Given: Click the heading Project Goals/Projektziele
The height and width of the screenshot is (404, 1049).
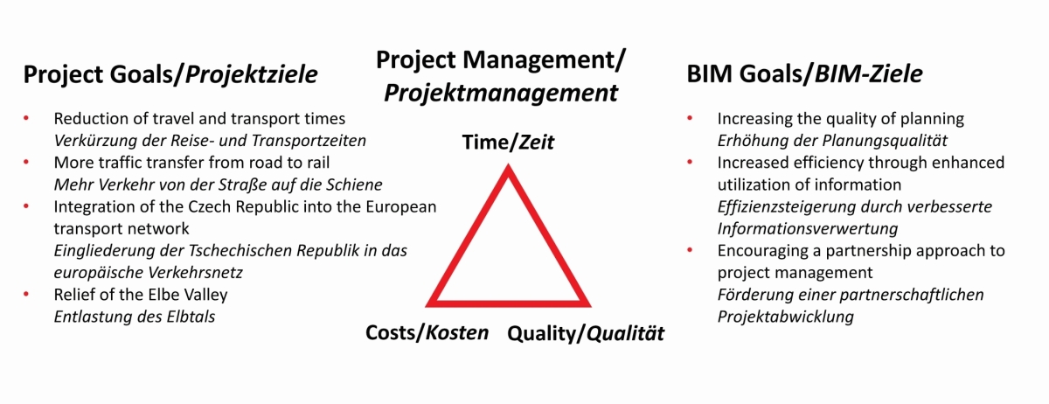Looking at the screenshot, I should pos(170,76).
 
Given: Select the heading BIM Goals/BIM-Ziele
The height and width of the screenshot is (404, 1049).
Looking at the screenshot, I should pos(805,76).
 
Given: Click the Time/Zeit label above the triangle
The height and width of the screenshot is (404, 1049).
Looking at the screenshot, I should pos(508,143).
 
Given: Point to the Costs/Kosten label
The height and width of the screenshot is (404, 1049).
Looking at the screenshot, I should pos(427,333).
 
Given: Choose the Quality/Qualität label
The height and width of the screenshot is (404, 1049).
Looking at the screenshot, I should pos(586,333).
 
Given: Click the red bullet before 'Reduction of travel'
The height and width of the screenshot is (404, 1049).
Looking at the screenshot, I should pos(27,117).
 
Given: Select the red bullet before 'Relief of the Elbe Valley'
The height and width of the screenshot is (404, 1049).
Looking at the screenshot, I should pos(27,294).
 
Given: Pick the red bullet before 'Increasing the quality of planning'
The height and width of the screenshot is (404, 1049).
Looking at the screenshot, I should pos(691,117).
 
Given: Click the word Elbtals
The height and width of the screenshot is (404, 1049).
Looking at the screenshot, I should pos(187,317).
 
